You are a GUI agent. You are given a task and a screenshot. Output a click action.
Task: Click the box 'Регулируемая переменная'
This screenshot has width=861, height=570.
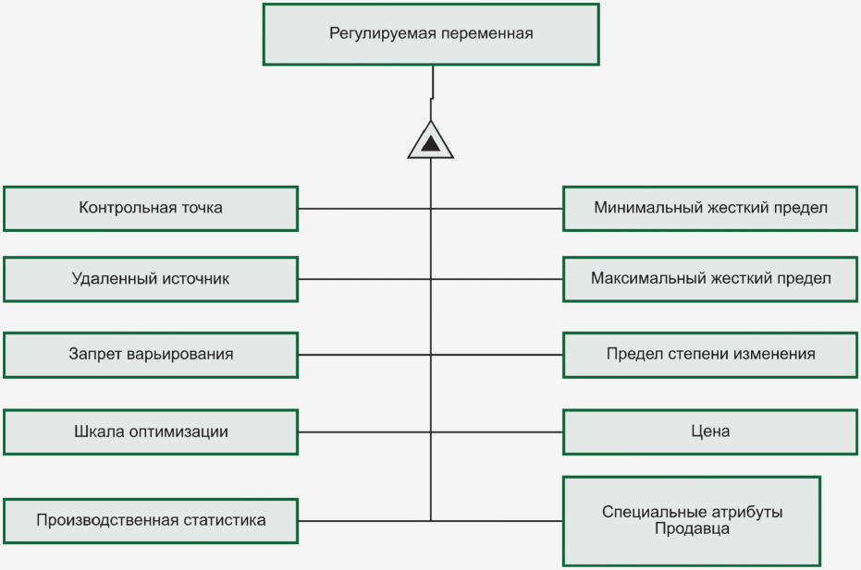pyautogui.click(x=431, y=34)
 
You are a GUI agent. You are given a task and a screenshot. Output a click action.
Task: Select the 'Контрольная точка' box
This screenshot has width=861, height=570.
pyautogui.click(x=151, y=208)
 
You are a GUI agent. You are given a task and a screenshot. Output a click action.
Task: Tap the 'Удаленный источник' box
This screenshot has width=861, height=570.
pyautogui.click(x=151, y=279)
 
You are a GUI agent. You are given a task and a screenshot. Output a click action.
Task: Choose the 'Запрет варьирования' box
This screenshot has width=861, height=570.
pyautogui.click(x=151, y=355)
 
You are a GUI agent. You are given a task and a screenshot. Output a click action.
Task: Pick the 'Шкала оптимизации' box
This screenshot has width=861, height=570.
pyautogui.click(x=151, y=431)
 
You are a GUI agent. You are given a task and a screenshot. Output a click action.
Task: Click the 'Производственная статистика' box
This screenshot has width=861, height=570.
pyautogui.click(x=151, y=520)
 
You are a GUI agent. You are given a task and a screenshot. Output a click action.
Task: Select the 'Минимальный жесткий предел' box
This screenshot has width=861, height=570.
pyautogui.click(x=710, y=208)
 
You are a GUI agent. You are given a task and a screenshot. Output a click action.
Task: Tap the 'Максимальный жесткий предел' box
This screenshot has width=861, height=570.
pyautogui.click(x=710, y=279)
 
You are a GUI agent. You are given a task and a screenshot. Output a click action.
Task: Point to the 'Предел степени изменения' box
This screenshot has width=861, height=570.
pyautogui.click(x=710, y=355)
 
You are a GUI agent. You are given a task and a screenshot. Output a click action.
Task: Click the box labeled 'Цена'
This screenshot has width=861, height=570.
pyautogui.click(x=710, y=431)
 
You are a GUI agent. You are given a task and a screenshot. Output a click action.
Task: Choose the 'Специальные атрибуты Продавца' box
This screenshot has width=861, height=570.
pyautogui.click(x=692, y=520)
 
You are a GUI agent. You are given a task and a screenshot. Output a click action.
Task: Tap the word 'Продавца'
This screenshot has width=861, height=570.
pyautogui.click(x=692, y=529)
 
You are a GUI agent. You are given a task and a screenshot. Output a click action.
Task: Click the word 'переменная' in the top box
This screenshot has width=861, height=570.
pyautogui.click(x=488, y=34)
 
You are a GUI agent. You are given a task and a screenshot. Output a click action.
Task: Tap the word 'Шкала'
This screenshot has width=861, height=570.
pyautogui.click(x=97, y=431)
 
